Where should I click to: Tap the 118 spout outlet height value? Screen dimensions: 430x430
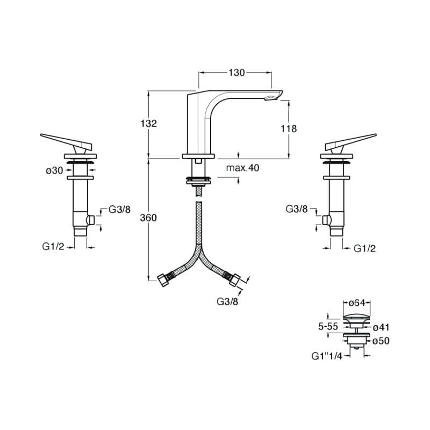coord(289,129)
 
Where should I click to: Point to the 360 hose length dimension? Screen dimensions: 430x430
coord(148,218)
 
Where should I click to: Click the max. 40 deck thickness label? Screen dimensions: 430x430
coord(242,168)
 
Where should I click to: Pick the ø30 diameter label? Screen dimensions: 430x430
coord(55,170)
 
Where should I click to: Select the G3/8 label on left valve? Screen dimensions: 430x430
coord(119,209)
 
